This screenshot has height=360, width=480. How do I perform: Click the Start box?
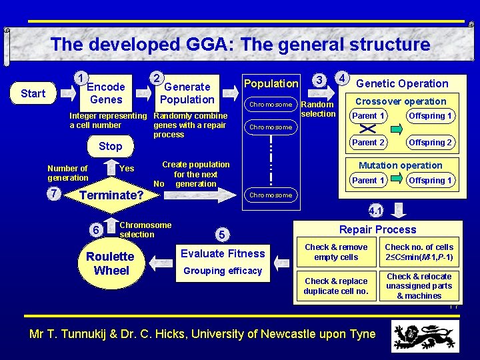(x=33, y=93)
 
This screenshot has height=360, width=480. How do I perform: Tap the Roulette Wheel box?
(x=111, y=263)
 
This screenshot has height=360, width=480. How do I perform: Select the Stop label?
(x=110, y=146)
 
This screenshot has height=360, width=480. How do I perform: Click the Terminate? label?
(x=111, y=195)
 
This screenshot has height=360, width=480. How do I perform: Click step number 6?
(x=97, y=230)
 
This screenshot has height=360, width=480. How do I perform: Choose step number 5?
(x=222, y=234)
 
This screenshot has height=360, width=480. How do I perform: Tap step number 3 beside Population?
(x=320, y=80)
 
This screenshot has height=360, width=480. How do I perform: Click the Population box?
(x=271, y=83)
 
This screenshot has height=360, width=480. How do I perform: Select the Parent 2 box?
(x=369, y=142)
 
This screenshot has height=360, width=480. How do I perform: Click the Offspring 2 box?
(x=431, y=142)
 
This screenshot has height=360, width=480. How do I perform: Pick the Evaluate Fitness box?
(x=223, y=253)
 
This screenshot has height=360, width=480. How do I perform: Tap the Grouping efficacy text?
(x=223, y=271)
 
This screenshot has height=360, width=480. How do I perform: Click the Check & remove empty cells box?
(x=336, y=252)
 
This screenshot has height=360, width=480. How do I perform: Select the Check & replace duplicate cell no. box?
(x=336, y=286)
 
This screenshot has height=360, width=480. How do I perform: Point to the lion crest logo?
(x=425, y=335)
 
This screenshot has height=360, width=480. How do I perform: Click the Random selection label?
(x=318, y=109)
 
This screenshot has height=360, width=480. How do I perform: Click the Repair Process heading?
(x=377, y=229)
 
